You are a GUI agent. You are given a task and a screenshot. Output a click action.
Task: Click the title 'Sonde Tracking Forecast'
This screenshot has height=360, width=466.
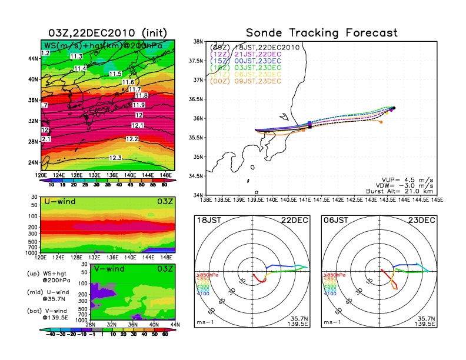coord(321,33)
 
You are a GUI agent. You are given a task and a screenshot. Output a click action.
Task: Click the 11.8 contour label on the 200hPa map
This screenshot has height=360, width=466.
coord(141,96)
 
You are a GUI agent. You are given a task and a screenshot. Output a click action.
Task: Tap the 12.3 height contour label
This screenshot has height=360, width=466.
coord(116,158)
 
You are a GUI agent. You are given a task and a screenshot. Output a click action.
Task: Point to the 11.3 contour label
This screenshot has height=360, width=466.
coord(76,56)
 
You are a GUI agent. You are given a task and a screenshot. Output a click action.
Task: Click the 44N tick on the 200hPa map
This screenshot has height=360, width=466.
coord(34,58)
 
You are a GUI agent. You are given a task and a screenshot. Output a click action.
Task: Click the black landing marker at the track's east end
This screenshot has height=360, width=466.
coord(394,108)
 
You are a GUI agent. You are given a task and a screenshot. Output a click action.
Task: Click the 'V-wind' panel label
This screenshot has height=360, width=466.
coord(110,268)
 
